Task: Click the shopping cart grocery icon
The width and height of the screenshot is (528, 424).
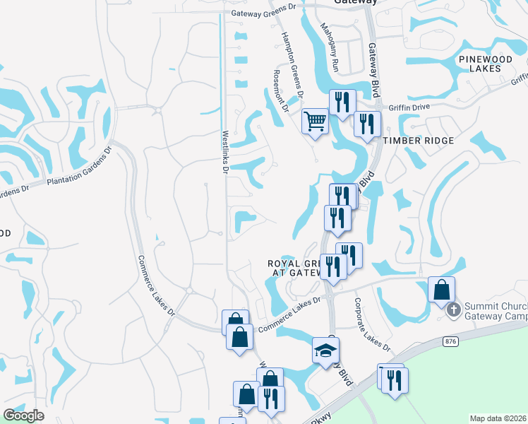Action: (x=315, y=120)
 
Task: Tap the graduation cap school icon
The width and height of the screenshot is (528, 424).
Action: (x=326, y=351)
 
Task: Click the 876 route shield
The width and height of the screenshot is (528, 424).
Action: (x=452, y=341)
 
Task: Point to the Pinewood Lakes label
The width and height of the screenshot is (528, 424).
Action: (x=489, y=63)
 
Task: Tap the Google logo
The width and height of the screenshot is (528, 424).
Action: (x=23, y=416)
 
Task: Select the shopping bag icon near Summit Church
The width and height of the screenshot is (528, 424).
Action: (x=442, y=290)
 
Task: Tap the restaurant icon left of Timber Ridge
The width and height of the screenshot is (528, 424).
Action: (x=367, y=124)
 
